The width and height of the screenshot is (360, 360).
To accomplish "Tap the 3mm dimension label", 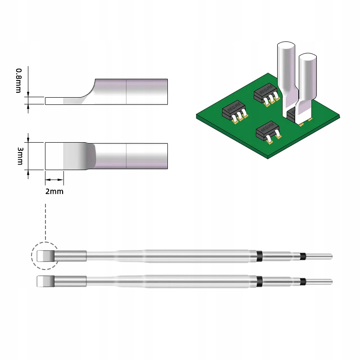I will tap(19, 156).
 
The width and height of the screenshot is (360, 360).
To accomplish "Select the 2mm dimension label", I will tap(54, 191).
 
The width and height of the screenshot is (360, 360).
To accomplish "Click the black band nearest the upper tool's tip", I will tap(259, 256).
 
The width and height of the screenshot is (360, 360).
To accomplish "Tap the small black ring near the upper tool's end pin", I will tap(303, 256).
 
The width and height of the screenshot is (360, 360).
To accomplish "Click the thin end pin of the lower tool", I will tap(320, 282).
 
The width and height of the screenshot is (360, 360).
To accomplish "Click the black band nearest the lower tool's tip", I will tap(259, 281).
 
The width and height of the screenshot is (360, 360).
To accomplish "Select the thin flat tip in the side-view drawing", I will tap(54, 101).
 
